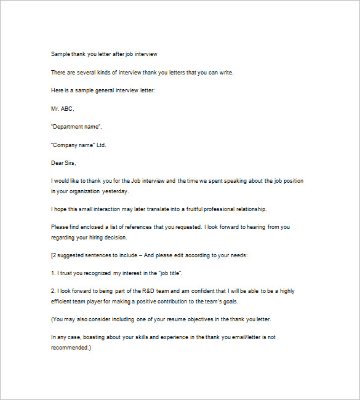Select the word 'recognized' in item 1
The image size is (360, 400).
click(98, 273)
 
